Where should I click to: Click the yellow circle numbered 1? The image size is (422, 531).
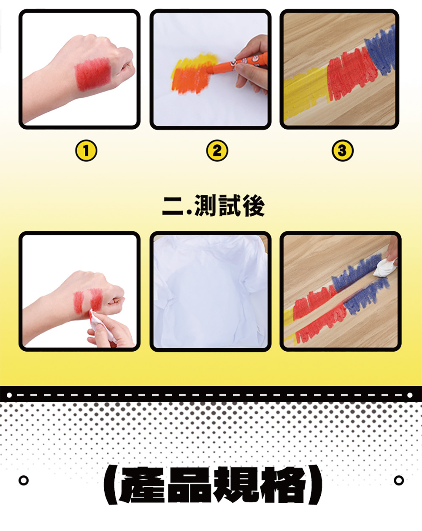[86, 151]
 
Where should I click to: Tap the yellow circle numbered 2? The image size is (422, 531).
[217, 151]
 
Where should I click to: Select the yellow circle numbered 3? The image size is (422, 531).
[343, 151]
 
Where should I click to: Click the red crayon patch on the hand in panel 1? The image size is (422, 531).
[92, 73]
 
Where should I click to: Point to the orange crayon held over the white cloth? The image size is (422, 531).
[237, 64]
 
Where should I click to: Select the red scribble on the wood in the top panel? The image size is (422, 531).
[352, 74]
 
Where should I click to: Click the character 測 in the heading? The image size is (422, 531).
[205, 206]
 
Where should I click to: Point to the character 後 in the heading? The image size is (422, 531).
[254, 206]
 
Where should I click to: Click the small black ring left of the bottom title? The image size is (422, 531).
[24, 480]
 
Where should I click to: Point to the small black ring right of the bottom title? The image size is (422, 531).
[399, 480]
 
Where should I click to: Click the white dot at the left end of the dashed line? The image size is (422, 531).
[9, 395]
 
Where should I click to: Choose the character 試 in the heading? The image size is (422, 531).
[229, 206]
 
